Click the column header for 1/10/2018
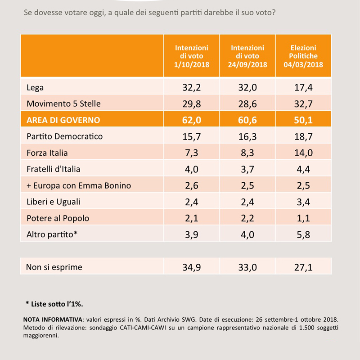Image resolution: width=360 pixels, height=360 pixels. coord(192,56)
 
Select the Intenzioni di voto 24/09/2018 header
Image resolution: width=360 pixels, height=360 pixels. coord(247,56)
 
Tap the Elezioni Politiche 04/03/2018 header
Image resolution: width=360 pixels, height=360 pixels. coord(303,56)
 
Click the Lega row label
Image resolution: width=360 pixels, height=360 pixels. coord(35,87)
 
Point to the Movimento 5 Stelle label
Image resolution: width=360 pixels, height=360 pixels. coord(63,103)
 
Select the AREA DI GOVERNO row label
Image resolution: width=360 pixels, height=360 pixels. coord(63,120)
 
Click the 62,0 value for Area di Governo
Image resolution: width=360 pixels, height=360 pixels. coord(192,120)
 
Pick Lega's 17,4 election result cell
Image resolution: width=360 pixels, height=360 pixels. coord(303,87)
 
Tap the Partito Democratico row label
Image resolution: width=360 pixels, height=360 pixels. coord(64,136)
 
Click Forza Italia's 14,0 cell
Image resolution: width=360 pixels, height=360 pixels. coord(303,153)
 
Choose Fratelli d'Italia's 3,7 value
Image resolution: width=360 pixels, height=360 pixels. coord(247,169)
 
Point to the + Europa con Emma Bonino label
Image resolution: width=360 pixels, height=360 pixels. coord(79,185)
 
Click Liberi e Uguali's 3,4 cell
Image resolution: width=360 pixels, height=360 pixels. coord(303,202)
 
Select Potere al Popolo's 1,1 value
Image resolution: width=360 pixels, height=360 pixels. coord(303,218)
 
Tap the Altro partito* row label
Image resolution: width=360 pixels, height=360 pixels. coord(52,234)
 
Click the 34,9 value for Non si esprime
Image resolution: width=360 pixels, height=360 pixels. coord(192,267)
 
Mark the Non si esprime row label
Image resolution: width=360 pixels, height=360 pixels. coord(54,267)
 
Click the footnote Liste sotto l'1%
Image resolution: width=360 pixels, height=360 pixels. coord(54,304)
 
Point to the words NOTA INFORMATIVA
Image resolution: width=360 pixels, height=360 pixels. coord(53,319)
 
